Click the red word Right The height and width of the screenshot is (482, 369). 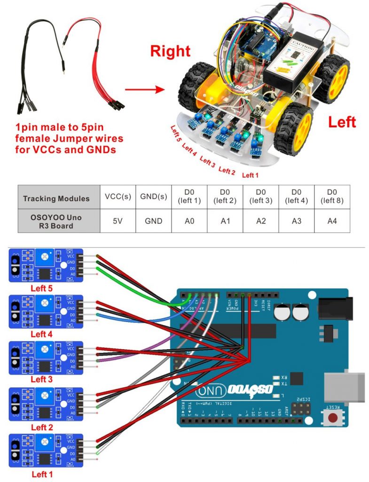tap(170, 51)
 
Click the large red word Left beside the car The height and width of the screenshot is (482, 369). tap(342, 122)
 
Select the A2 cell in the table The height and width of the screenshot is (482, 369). tap(261, 221)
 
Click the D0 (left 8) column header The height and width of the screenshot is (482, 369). tap(332, 197)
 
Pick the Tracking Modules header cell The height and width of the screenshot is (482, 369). tap(56, 198)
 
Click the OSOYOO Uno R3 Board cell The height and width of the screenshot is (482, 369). tap(56, 221)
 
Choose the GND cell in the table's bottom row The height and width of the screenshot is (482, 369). tap(153, 221)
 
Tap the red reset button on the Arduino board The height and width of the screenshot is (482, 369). tap(334, 417)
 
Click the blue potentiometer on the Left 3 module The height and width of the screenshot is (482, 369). tap(45, 349)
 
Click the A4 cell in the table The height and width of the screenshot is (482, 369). tap(332, 221)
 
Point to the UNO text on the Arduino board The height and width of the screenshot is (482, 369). tap(208, 390)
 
